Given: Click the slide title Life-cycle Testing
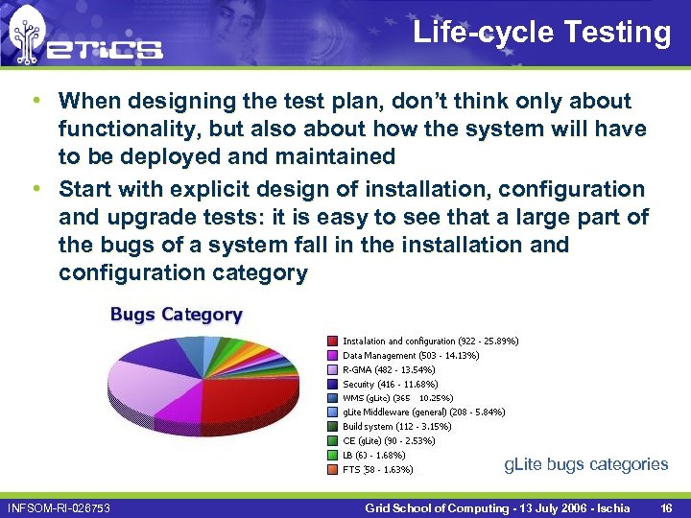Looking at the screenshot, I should pos(541,33).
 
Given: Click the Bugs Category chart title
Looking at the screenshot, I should pos(176,315).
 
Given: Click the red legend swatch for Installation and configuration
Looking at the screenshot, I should pos(332,341).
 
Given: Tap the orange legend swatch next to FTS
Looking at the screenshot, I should pos(332,470).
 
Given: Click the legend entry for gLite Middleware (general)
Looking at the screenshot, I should pos(423,412).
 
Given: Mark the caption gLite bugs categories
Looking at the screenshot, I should pos(585,464).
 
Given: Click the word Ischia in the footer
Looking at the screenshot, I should pos(610,506).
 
